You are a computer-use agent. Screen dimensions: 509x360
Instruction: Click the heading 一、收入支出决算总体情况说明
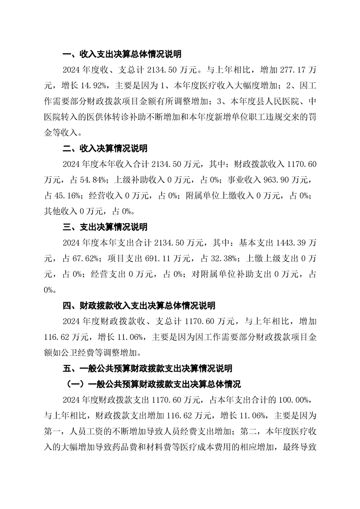[122, 54]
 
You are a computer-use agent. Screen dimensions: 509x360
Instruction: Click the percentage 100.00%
[293, 399]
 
